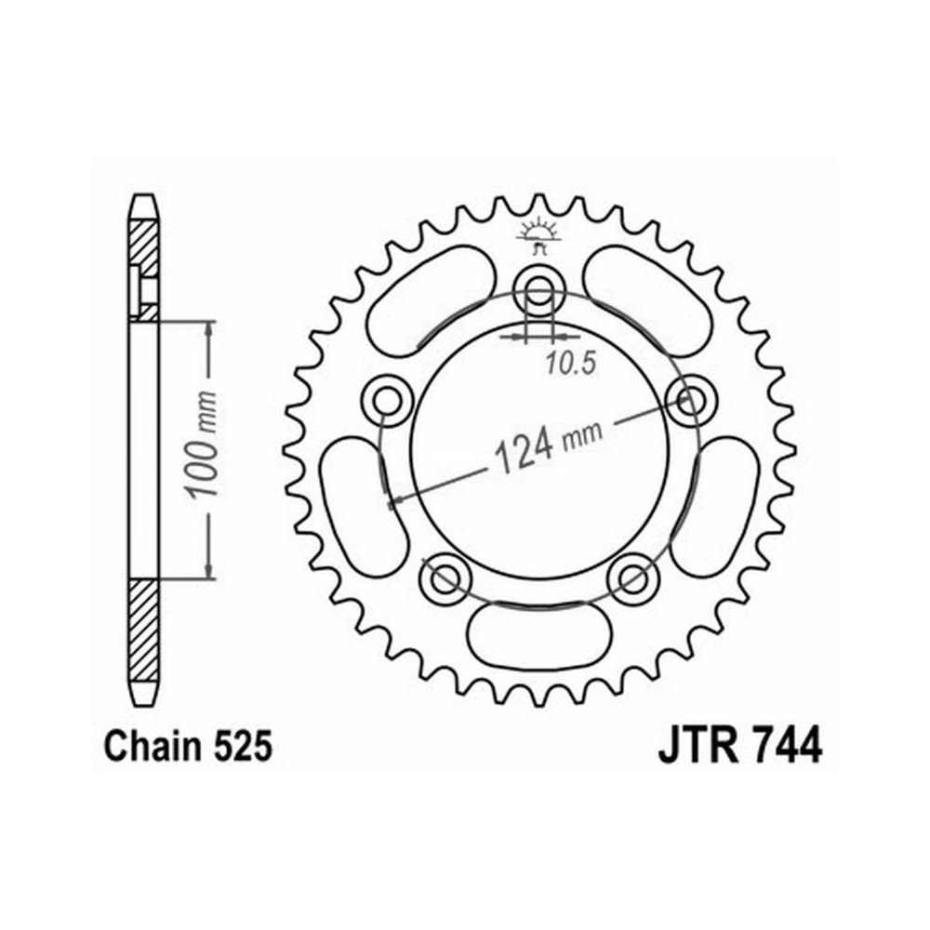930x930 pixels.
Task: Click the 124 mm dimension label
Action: click(x=548, y=445)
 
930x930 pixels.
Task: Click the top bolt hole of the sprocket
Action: click(x=539, y=290)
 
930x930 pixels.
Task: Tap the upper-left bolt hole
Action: click(x=387, y=402)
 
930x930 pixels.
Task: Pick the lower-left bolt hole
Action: click(x=445, y=578)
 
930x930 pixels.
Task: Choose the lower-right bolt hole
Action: click(x=632, y=578)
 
